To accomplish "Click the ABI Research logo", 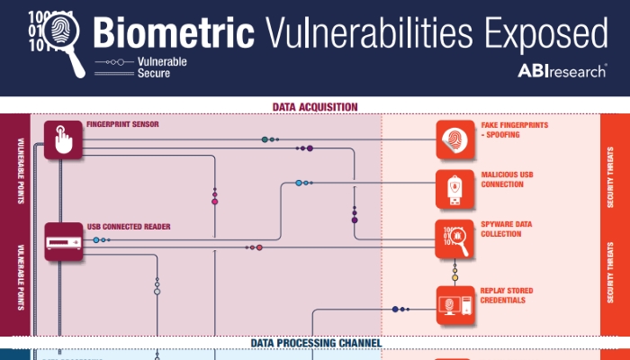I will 562,70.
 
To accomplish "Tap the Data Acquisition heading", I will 315,106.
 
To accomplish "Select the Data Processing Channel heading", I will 315,343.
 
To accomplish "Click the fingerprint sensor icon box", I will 63,139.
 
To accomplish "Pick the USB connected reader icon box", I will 64,240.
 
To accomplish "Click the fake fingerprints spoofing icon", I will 454,139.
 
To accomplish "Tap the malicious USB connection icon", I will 454,188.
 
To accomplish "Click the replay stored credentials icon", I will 454,305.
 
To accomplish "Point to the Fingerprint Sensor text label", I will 122,124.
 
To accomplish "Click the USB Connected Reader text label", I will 129,226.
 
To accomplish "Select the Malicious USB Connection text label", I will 508,179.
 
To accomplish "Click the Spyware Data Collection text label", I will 507,229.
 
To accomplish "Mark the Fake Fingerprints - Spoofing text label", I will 514,130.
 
